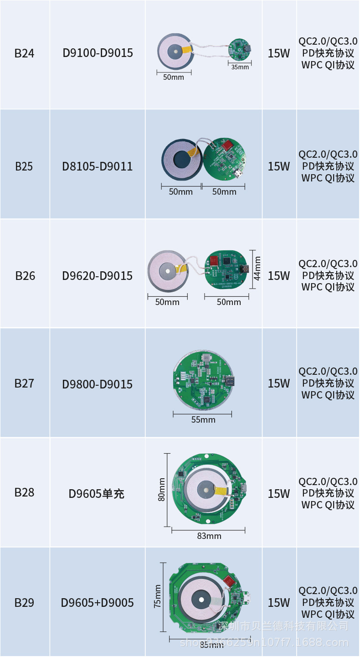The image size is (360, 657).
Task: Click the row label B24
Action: click(x=24, y=53)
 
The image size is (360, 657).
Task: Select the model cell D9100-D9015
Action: click(x=98, y=53)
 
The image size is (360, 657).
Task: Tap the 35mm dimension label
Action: click(x=240, y=67)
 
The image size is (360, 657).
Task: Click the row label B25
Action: click(x=24, y=166)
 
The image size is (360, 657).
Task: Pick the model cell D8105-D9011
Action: click(x=98, y=166)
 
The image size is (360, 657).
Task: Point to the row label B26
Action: click(x=25, y=276)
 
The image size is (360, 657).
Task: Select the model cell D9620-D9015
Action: click(x=98, y=276)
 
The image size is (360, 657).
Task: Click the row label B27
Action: click(x=24, y=383)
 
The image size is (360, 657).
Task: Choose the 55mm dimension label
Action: click(x=203, y=419)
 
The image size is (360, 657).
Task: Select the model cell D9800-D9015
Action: click(x=98, y=384)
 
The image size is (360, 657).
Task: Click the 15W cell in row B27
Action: click(x=279, y=383)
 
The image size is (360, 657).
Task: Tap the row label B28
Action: click(x=24, y=492)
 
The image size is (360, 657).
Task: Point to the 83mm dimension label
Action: click(x=209, y=536)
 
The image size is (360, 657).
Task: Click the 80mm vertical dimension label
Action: click(x=161, y=489)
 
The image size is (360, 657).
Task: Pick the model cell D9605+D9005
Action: click(x=98, y=603)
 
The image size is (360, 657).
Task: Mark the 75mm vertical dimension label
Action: click(x=158, y=596)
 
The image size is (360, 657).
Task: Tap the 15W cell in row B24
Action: click(x=279, y=53)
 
